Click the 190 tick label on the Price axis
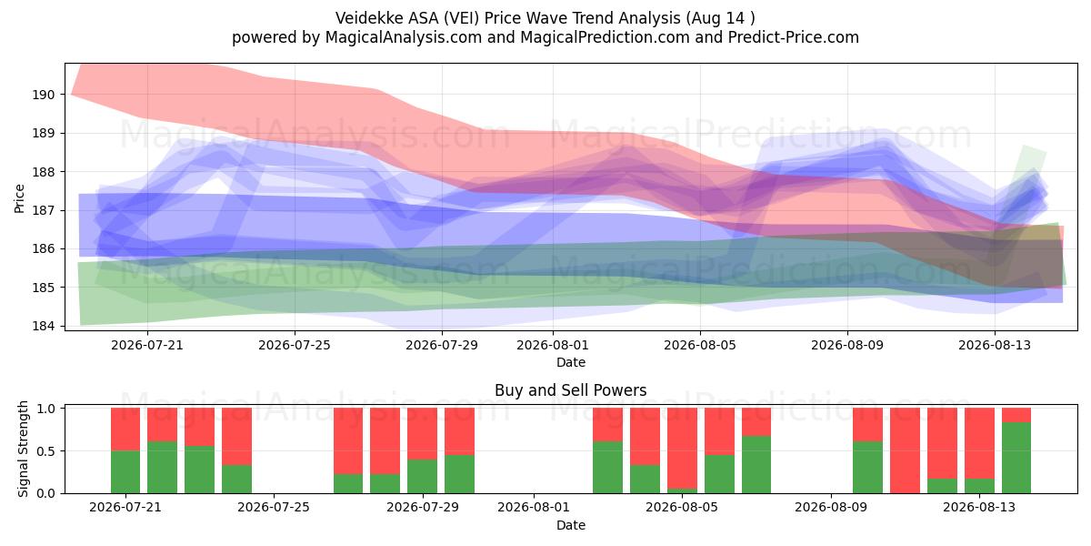pos(43,95)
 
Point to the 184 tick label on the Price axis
pos(43,326)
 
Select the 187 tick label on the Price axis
pos(43,210)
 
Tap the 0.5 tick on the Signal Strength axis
pos(45,451)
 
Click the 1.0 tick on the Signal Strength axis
pos(45,408)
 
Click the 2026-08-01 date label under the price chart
pos(553,345)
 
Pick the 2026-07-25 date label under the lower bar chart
pos(274,508)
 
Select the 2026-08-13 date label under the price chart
pos(995,345)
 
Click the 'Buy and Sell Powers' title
pos(571,390)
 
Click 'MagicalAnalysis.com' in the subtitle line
pos(404,37)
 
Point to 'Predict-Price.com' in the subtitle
pos(794,37)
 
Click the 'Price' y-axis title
pos(19,198)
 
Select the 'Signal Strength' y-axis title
pos(23,449)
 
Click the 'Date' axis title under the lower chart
pos(571,525)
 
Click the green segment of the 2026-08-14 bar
pos(1016,458)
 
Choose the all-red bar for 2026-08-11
pos(905,450)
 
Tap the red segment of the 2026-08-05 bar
pos(682,448)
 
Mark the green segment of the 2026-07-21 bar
pos(125,472)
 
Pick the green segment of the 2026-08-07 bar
pos(756,465)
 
